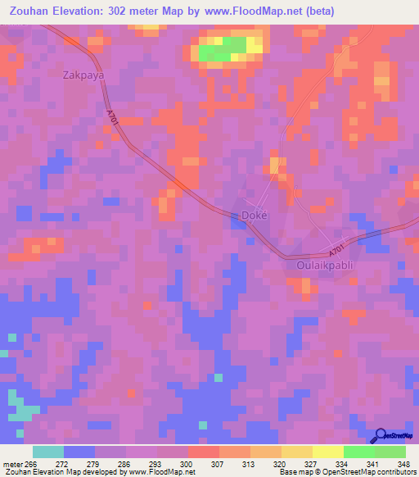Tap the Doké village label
click(x=255, y=216)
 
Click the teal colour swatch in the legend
click(x=48, y=452)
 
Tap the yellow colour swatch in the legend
click(x=327, y=452)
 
